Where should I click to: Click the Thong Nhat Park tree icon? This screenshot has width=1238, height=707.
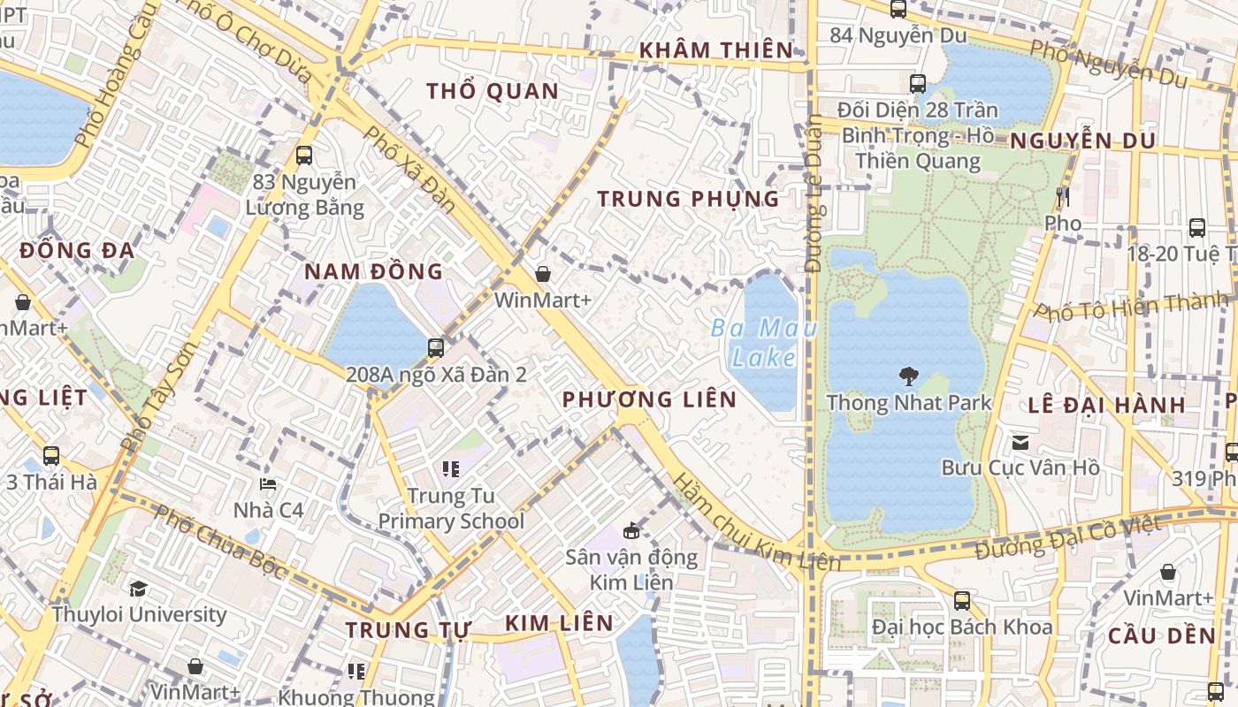(x=908, y=376)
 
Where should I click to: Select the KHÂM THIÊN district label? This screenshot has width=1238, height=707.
(x=717, y=50)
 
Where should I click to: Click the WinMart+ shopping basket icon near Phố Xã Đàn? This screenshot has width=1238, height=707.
(x=543, y=275)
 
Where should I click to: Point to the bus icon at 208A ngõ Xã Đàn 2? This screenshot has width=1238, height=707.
(x=435, y=347)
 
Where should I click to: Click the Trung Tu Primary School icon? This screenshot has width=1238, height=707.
(x=451, y=468)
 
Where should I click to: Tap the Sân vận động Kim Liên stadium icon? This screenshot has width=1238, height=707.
(x=631, y=531)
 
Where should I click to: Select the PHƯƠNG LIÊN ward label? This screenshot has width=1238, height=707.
(x=649, y=399)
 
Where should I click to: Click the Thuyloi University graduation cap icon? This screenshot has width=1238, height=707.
(x=138, y=589)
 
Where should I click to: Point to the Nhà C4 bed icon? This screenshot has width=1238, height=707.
(x=268, y=484)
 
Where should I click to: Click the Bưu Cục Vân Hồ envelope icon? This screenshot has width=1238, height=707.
(x=1020, y=441)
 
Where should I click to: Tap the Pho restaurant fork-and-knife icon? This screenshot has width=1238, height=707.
(x=1063, y=196)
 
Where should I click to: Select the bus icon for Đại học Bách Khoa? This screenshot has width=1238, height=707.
(x=962, y=601)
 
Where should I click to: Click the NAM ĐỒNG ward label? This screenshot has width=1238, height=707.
(x=373, y=272)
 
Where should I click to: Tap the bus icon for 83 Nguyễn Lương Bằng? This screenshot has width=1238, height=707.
(x=304, y=156)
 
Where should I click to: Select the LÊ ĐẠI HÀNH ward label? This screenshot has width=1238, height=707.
(x=1106, y=406)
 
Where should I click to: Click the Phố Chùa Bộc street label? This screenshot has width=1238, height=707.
(x=220, y=542)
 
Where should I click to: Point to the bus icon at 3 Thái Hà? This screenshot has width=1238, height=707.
(x=51, y=456)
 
